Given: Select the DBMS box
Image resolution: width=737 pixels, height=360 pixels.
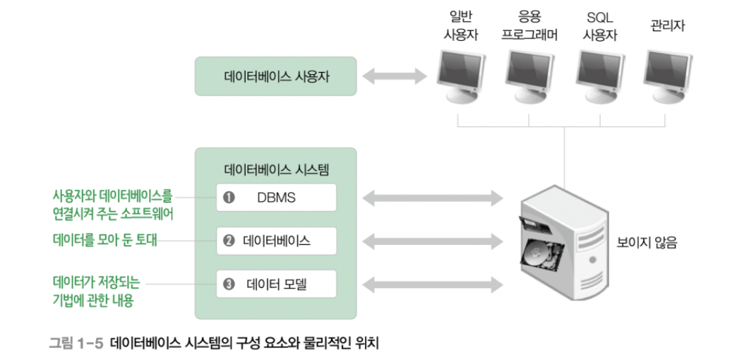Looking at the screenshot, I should [276, 198].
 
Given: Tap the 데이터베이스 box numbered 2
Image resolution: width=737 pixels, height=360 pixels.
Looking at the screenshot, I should [276, 241].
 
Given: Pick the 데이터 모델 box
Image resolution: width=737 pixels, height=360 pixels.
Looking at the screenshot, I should [276, 284].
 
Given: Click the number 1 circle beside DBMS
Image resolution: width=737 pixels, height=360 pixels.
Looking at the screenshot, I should [228, 198].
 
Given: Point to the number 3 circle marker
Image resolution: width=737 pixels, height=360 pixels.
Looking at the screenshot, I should [228, 284].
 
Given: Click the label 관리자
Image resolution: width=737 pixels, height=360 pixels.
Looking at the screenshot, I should [667, 27].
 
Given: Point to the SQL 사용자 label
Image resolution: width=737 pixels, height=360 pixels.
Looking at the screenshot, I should [600, 25].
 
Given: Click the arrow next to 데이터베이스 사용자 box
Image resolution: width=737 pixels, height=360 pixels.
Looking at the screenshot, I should [395, 76].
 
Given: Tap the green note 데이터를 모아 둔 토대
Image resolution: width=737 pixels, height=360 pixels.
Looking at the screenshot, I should [105, 241].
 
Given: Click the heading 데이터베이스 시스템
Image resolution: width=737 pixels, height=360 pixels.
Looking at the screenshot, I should [276, 169].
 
